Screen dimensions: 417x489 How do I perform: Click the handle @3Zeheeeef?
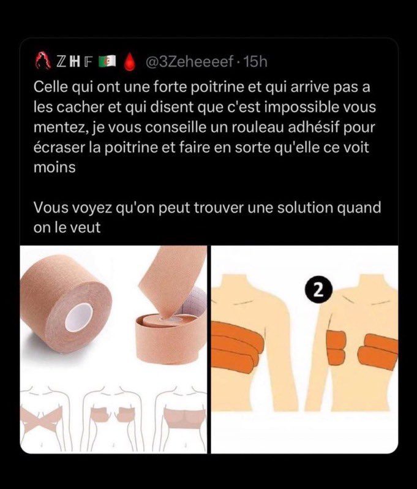189,62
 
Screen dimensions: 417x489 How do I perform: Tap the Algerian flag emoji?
107,61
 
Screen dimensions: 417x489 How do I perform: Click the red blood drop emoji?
131,61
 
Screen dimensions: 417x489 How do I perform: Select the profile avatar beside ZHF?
43,61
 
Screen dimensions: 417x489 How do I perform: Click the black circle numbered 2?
318,291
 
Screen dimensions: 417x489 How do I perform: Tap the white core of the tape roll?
79,317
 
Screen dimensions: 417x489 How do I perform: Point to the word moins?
54,167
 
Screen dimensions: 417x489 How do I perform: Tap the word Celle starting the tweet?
51,86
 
